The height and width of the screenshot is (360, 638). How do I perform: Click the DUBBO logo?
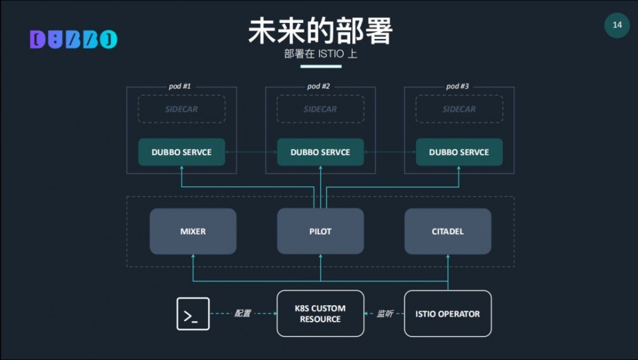coord(73,40)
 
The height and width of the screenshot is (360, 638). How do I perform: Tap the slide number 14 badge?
coord(617,26)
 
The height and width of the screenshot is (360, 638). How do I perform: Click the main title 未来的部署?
coord(320,31)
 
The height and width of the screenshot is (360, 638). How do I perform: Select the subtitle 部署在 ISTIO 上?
coord(320,54)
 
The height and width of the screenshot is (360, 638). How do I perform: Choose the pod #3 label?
coord(457,86)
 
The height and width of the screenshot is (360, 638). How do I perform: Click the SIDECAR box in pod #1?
coord(182,109)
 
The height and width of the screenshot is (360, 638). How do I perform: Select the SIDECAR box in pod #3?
coord(459,109)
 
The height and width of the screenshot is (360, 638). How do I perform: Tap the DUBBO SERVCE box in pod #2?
coord(320,153)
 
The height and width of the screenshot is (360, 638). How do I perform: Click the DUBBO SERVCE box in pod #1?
coord(182,153)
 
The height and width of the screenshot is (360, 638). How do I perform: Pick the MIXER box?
coord(193,231)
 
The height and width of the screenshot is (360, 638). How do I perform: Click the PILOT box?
coord(320,231)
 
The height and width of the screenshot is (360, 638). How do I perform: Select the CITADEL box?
coord(448,231)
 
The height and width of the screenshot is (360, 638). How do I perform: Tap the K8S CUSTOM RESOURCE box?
coord(320,313)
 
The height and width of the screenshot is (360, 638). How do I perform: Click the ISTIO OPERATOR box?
coord(448,313)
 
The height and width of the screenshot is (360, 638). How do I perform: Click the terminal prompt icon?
coord(193,314)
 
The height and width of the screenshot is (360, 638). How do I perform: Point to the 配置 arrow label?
coord(243,313)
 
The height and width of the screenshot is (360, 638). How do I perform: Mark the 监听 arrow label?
coord(385,313)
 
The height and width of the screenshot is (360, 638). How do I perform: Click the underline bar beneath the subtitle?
coord(321,66)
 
